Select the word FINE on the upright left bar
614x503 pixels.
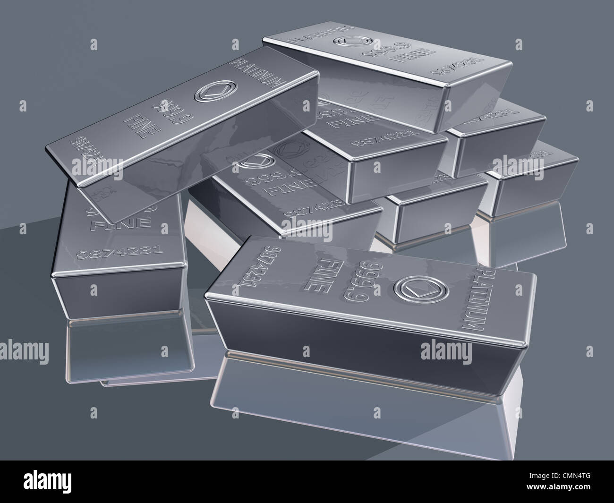[122, 222]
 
